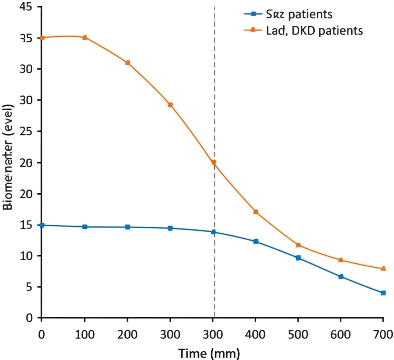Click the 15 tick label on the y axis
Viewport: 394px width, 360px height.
[25, 225]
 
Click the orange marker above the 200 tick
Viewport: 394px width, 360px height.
[128, 63]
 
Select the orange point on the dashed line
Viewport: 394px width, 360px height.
[214, 162]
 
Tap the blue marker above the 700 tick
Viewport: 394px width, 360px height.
[383, 293]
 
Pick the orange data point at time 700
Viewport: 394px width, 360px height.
[383, 268]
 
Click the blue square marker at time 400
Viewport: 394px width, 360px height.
[256, 241]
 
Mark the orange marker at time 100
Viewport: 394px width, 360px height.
[85, 37]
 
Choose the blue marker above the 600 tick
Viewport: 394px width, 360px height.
[341, 276]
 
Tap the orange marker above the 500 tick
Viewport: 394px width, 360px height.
[298, 245]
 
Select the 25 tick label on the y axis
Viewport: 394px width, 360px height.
[25, 131]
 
